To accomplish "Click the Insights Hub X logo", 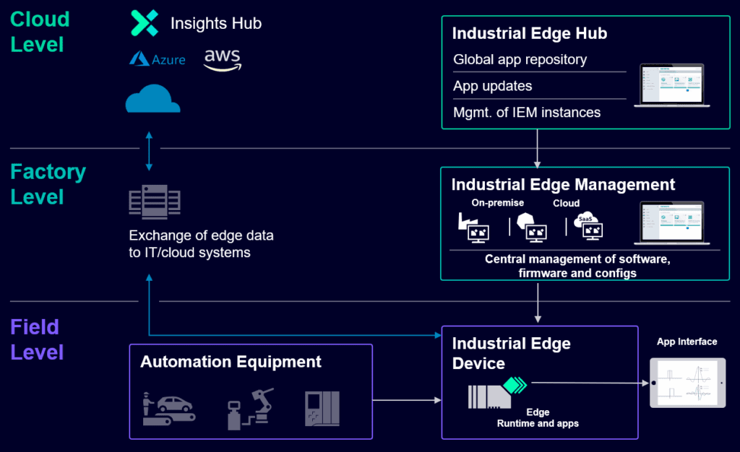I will pyautogui.click(x=144, y=23).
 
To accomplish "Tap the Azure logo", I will pyautogui.click(x=157, y=59).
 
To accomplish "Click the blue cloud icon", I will pyautogui.click(x=152, y=99).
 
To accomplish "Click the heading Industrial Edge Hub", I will pyautogui.click(x=529, y=34).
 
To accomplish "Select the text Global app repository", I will pyautogui.click(x=520, y=60).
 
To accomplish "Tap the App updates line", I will pyautogui.click(x=493, y=86).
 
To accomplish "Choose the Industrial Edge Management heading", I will pyautogui.click(x=563, y=185).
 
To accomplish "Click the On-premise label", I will pyautogui.click(x=498, y=204).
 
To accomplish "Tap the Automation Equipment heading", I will pyautogui.click(x=231, y=362).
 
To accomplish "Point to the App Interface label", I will pyautogui.click(x=687, y=342).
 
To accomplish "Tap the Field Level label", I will pyautogui.click(x=37, y=339).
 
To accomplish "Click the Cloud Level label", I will pyautogui.click(x=40, y=32).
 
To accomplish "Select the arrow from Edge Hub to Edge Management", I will pyautogui.click(x=538, y=147).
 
